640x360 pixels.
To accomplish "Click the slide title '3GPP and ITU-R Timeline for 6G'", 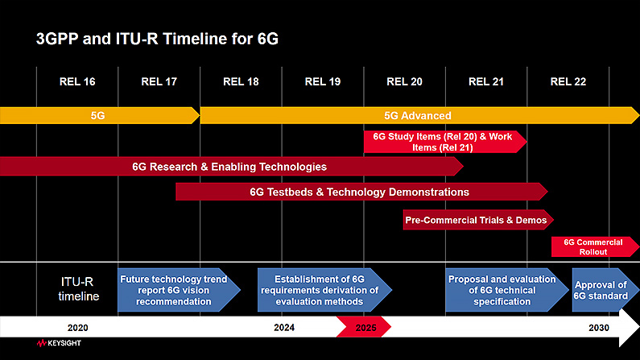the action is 157,39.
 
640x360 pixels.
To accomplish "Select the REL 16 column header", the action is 77,81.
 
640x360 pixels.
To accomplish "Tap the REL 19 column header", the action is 323,81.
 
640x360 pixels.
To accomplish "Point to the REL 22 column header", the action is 568,81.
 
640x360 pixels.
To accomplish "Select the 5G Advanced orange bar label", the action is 418,115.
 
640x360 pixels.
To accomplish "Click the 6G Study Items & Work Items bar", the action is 445,142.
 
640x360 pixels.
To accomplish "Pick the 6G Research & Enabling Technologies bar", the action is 231,167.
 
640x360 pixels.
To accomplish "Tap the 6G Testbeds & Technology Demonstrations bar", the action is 361,192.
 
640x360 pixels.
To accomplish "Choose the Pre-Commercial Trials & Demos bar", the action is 478,220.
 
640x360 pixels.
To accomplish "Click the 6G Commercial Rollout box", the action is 595,247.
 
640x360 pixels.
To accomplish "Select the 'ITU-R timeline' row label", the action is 77,288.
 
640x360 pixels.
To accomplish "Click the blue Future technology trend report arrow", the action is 179,290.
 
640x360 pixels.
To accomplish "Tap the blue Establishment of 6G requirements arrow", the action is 324,290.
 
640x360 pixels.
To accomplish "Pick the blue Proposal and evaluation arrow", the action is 507,290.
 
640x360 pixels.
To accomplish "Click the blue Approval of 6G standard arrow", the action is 605,290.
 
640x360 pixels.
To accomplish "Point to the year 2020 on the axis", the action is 77,328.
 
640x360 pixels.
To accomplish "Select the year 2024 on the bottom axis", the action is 284,327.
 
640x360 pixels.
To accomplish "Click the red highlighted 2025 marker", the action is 364,327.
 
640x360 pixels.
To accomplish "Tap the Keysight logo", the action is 59,343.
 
